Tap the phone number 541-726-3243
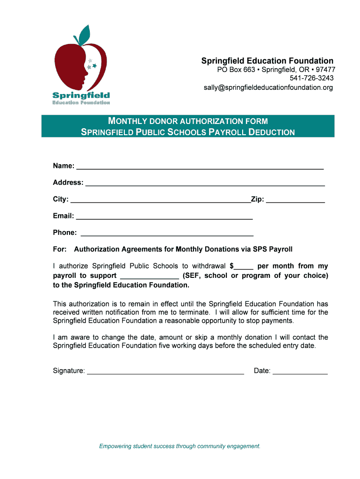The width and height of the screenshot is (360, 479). click(312, 78)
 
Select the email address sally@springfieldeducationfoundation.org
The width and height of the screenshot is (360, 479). click(268, 87)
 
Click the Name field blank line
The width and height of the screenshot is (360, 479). click(200, 167)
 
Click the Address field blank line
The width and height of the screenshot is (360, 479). click(205, 183)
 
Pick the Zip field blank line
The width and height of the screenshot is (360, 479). click(295, 200)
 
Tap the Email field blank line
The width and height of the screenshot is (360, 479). click(164, 217)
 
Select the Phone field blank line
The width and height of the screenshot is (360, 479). click(167, 233)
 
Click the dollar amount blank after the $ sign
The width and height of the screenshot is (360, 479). click(244, 267)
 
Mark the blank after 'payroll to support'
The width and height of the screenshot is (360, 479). click(149, 276)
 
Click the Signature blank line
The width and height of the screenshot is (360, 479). click(166, 372)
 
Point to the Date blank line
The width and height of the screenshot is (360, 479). click(300, 372)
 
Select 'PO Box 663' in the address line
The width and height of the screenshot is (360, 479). click(236, 70)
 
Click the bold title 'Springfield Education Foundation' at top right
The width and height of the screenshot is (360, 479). click(267, 61)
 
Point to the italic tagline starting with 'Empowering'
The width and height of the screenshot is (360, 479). click(180, 446)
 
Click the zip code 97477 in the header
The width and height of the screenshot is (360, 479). click(325, 70)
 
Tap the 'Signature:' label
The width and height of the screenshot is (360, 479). click(69, 371)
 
